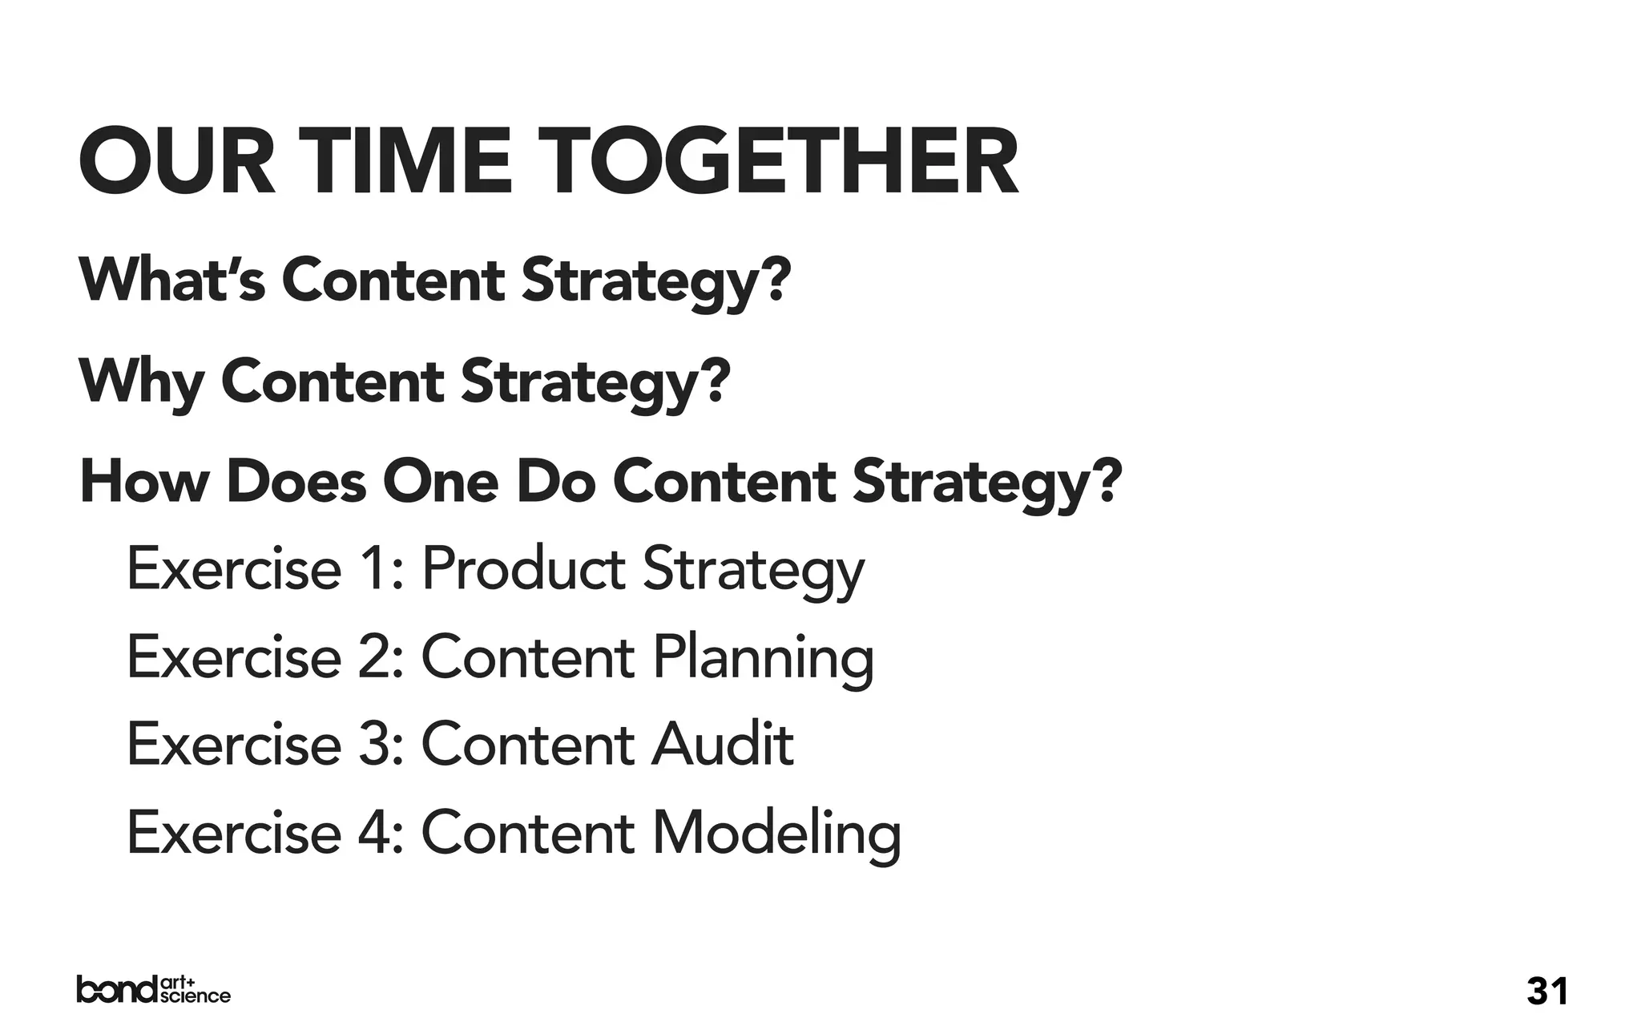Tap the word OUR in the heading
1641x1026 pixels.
(x=177, y=162)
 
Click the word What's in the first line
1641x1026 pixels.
(x=171, y=280)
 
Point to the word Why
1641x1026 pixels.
(x=141, y=382)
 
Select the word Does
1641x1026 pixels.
(x=296, y=482)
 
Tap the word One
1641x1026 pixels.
(x=440, y=482)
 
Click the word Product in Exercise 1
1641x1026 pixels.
(x=523, y=568)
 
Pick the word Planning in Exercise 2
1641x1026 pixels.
(x=762, y=658)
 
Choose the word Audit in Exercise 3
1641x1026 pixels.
(x=722, y=745)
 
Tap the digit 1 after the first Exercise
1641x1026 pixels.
(x=373, y=568)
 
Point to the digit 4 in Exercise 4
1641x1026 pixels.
(x=373, y=833)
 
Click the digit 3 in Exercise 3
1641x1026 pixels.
(x=373, y=745)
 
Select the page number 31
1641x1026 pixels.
(x=1547, y=991)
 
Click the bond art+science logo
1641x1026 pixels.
(x=153, y=990)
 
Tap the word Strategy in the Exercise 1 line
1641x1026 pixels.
(x=753, y=570)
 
